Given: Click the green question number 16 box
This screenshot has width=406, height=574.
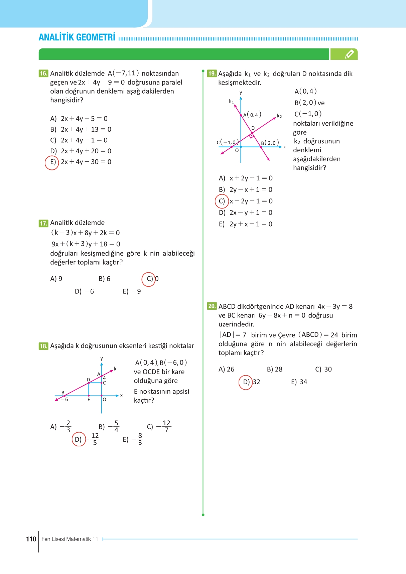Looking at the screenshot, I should (x=43, y=74).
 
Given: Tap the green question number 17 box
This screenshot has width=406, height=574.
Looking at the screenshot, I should (x=43, y=223).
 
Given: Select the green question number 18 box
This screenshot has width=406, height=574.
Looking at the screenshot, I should (x=43, y=346).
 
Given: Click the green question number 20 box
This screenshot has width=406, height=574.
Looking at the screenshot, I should (x=212, y=306).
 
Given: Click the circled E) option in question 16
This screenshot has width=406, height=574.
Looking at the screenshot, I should (x=52, y=162).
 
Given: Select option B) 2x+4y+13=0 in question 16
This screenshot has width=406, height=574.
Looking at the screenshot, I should (x=81, y=129).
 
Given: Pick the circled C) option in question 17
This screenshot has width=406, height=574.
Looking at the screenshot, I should (x=149, y=279).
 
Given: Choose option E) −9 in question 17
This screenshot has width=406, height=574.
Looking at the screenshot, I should (x=132, y=291).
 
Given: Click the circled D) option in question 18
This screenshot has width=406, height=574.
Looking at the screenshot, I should (x=79, y=439).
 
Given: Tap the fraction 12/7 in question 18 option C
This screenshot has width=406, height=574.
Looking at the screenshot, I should (x=166, y=426).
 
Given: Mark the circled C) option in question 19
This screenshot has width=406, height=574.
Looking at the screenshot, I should (x=222, y=201).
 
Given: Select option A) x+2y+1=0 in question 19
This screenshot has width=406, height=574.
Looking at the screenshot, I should (x=246, y=178).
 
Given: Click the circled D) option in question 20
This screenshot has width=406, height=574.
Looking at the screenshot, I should (x=246, y=382).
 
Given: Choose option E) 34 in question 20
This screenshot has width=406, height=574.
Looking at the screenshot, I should (x=299, y=382).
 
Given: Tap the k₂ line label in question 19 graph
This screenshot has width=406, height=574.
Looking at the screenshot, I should (x=279, y=116).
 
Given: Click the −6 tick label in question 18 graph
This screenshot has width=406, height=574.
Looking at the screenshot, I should (x=65, y=400).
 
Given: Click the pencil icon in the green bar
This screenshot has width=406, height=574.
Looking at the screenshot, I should (x=349, y=54).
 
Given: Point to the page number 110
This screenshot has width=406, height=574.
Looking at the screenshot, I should (x=31, y=539).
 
